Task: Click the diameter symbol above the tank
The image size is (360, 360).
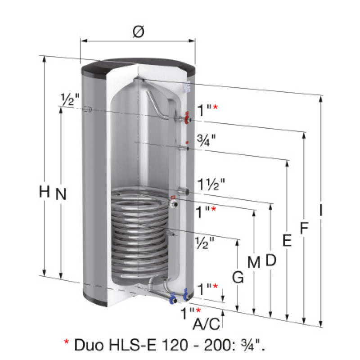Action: point(139,31)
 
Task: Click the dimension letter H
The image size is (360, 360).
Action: point(44,192)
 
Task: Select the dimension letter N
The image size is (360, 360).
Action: point(61,194)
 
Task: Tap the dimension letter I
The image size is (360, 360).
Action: point(321,210)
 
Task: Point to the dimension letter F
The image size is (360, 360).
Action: point(304,228)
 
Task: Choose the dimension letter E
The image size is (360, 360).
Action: point(287,240)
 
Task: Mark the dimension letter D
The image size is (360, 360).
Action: point(271,260)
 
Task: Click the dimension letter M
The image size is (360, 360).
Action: point(254,262)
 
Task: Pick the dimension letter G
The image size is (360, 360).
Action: point(238,277)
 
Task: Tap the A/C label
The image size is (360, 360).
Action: point(207,324)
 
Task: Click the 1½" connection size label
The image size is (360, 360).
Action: point(211,184)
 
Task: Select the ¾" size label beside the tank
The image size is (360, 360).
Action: point(207,140)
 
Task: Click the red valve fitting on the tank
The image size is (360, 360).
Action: point(188,118)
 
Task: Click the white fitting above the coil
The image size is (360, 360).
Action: point(173,203)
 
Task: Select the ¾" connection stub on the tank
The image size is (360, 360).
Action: point(184,148)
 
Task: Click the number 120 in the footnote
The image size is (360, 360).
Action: point(175,345)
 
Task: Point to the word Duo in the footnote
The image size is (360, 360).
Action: point(89,345)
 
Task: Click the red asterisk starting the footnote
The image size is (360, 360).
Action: point(66,342)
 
